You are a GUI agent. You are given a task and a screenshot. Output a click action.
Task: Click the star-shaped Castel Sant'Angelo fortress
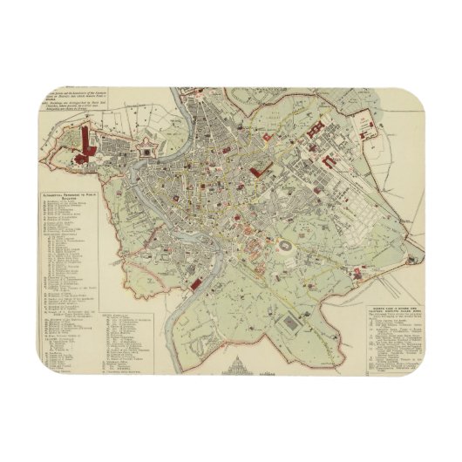146,152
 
